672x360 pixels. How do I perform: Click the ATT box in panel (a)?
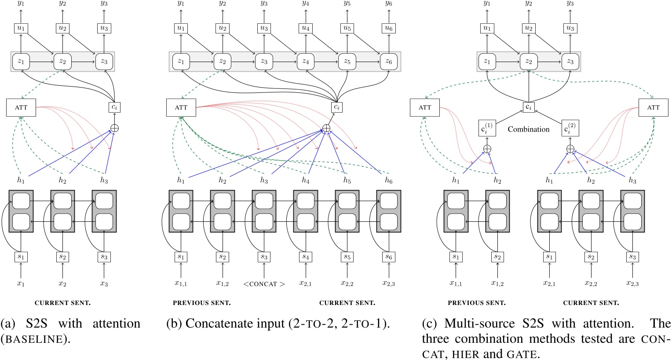[x=21, y=107]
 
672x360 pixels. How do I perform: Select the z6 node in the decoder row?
[x=388, y=62]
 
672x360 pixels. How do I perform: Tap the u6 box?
[x=388, y=28]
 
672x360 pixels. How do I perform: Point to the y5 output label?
[x=347, y=4]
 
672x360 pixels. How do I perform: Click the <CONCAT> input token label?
[x=264, y=284]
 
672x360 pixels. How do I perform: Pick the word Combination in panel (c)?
[x=529, y=129]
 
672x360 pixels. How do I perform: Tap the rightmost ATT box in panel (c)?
[x=653, y=107]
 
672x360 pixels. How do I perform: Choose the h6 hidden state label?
[x=388, y=180]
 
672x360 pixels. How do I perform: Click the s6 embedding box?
[x=388, y=256]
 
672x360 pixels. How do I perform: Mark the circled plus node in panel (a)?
[x=114, y=128]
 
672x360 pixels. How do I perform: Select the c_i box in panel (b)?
[x=337, y=107]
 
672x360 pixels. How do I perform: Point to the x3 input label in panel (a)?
[x=104, y=284]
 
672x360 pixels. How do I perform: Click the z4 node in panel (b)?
[x=305, y=62]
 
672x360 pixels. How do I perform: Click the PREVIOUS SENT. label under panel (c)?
[x=476, y=303]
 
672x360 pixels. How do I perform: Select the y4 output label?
[x=305, y=4]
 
